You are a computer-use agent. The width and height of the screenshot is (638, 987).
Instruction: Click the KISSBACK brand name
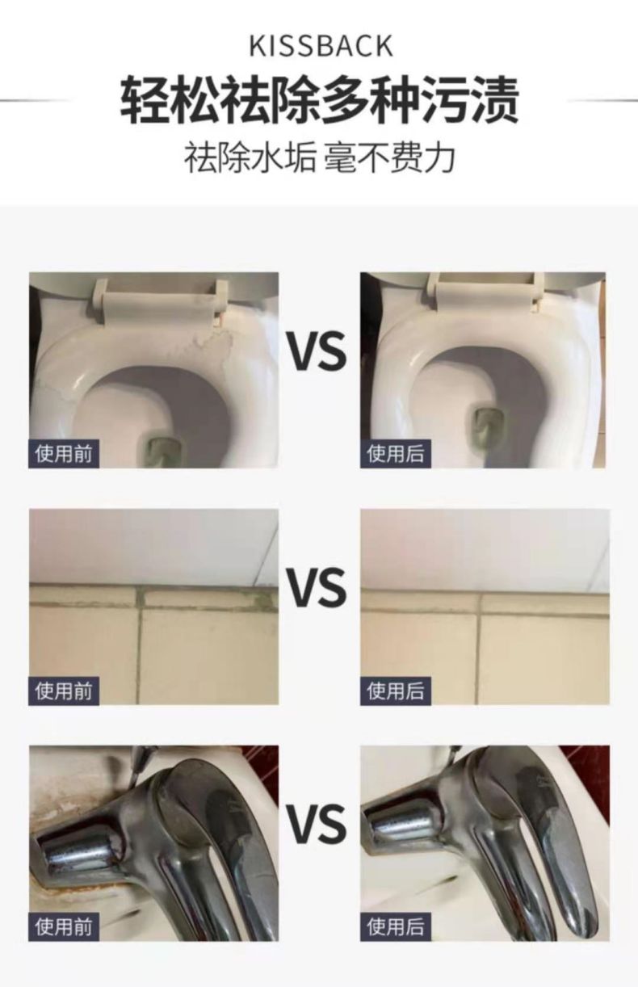[321, 46]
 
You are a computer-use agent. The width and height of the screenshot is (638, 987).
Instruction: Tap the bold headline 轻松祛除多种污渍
[320, 100]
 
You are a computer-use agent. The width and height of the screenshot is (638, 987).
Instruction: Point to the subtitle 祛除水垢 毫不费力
[319, 158]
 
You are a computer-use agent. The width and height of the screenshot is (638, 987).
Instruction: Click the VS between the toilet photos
[318, 351]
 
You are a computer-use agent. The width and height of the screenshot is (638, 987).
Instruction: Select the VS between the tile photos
[318, 587]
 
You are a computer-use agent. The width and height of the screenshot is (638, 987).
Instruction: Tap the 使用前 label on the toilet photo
[64, 453]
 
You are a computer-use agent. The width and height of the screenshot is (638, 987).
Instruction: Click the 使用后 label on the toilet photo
[395, 453]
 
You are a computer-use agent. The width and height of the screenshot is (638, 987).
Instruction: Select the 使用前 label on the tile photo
[64, 690]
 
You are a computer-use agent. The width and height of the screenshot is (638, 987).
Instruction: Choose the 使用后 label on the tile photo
[395, 690]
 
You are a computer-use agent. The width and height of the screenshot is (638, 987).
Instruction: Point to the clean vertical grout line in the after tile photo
[479, 648]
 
